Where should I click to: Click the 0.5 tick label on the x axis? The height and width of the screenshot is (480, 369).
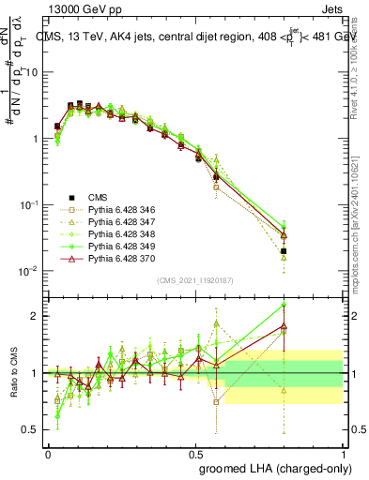194,453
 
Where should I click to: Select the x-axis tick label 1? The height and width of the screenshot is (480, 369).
342,453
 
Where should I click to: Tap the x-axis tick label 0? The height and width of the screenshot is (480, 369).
48,453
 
